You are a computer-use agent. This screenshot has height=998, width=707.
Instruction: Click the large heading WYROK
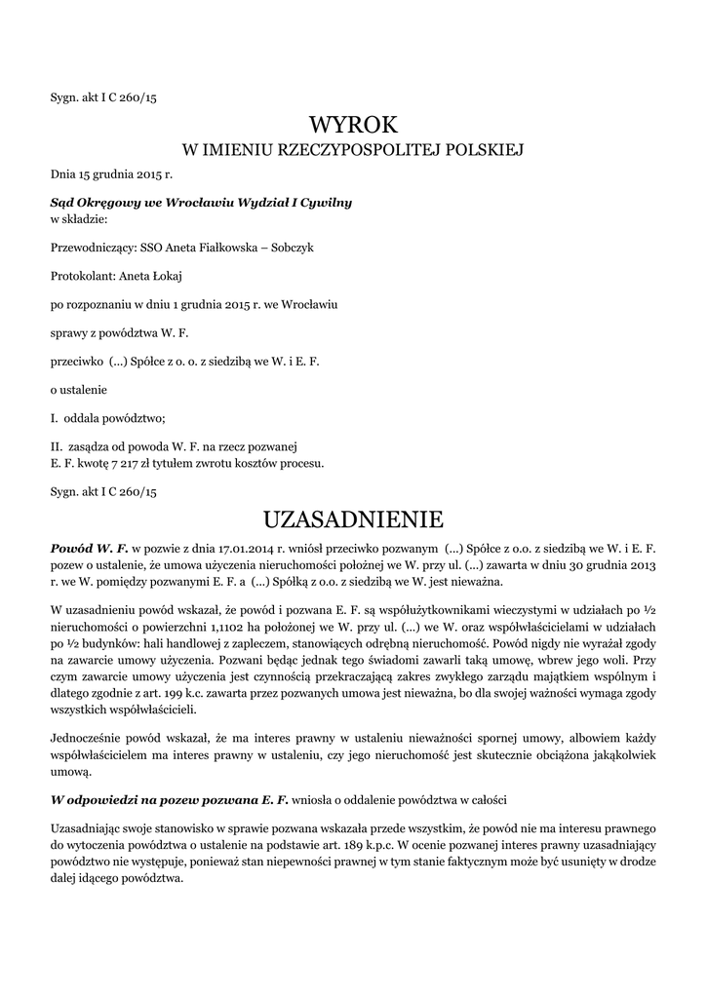coord(353,125)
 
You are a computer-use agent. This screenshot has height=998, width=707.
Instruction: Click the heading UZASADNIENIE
coord(353,517)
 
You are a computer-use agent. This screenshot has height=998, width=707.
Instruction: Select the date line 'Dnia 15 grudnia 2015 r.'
coord(111,174)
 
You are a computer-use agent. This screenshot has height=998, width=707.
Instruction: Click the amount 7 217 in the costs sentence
coord(131,463)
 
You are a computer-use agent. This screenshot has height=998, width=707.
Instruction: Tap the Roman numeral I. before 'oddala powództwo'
coord(55,419)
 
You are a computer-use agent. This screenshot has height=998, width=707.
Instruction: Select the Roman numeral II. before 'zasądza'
coord(57,447)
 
